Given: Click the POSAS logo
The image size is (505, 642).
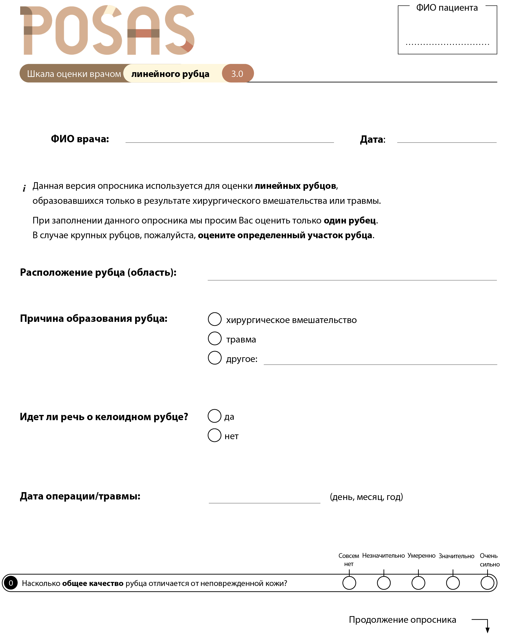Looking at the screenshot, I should click(x=107, y=30).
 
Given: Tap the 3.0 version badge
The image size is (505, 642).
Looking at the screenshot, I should click(x=237, y=74).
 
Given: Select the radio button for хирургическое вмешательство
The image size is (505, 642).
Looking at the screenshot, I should click(x=215, y=319).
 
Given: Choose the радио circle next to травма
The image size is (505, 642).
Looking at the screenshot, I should click(x=215, y=338).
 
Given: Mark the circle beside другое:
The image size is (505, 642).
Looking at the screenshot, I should click(x=215, y=358).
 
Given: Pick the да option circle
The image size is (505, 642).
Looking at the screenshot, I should click(x=214, y=416).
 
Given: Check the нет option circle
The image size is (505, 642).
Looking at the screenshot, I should click(x=214, y=435).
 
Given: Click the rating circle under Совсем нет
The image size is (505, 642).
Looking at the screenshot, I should click(x=349, y=583).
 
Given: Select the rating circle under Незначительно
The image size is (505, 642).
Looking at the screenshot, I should click(x=384, y=583).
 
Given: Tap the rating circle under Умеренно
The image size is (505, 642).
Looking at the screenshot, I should click(x=418, y=583).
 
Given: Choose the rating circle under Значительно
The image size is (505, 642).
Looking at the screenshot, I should click(x=453, y=583).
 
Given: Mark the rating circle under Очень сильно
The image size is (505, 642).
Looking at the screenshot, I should click(x=488, y=583).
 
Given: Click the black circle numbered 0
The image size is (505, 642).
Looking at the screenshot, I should click(x=11, y=583).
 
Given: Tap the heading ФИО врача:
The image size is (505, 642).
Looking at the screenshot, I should click(x=80, y=139).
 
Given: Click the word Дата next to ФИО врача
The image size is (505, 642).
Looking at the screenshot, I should click(x=372, y=139).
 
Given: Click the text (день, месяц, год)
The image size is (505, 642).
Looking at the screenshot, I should click(x=366, y=497).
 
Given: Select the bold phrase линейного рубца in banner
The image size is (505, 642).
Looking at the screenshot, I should click(x=170, y=74).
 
